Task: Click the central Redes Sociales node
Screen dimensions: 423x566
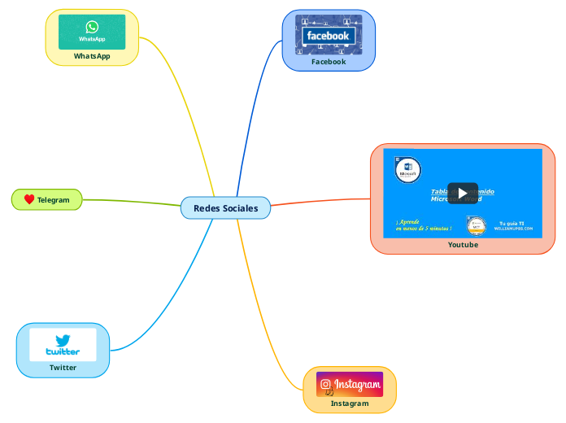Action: pos(225,208)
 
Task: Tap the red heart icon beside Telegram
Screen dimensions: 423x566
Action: pos(28,199)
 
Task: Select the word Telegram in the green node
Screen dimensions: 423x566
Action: pos(54,200)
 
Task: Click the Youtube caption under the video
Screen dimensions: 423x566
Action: pos(463,245)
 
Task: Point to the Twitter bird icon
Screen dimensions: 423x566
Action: pos(63,340)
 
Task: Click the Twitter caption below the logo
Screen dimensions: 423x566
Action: pos(63,368)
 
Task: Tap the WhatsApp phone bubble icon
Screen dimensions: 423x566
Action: pos(92,27)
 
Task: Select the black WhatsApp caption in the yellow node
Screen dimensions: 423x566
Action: pos(92,56)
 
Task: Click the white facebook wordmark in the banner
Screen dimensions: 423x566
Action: pos(328,36)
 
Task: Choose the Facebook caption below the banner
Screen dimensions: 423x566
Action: pos(329,62)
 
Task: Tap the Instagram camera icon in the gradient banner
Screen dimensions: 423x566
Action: pos(325,384)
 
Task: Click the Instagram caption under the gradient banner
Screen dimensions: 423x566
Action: pos(350,403)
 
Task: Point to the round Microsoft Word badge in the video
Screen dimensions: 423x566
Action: pos(407,170)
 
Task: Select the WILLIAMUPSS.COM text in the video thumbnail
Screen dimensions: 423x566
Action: pos(513,229)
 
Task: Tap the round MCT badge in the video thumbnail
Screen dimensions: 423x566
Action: pos(477,225)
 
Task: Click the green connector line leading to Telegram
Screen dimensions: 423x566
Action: pos(130,201)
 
